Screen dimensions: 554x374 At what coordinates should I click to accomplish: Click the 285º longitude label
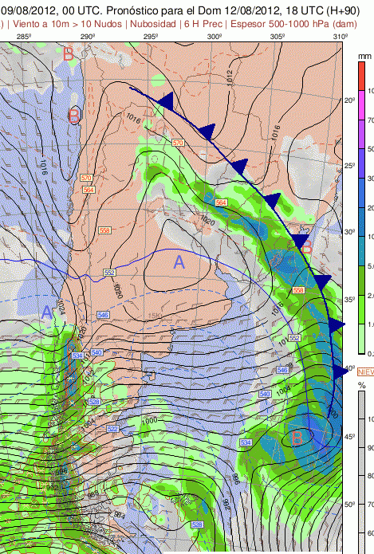[x=23, y=37]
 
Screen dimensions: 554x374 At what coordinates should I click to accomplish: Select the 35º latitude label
[x=349, y=300]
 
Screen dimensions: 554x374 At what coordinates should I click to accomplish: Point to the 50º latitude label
[x=349, y=505]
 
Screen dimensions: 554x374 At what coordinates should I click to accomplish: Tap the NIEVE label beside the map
[x=365, y=372]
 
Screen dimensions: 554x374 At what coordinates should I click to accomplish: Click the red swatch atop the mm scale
[x=361, y=76]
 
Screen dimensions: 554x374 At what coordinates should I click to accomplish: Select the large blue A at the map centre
[x=179, y=261]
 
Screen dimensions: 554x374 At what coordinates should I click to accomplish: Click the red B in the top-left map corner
[x=69, y=54]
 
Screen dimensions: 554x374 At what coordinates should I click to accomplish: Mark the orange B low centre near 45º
[x=297, y=437]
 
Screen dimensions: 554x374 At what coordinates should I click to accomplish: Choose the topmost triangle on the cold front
[x=167, y=100]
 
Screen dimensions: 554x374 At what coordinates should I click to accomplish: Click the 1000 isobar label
[x=149, y=420]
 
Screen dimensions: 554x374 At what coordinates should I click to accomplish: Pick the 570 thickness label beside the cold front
[x=177, y=143]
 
